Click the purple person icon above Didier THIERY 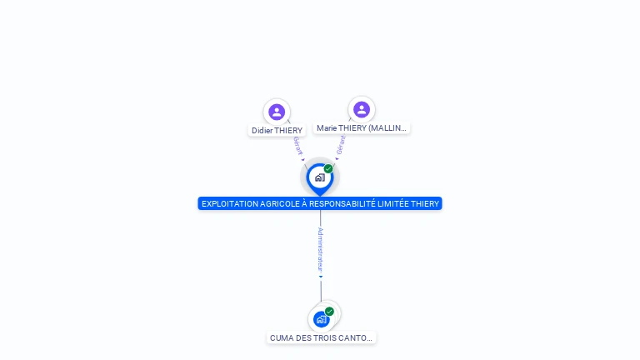277,112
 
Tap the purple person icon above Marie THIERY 362,109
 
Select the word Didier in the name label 262,131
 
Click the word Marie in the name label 327,128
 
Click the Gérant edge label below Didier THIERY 298,146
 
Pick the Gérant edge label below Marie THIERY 341,145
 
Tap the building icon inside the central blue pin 320,177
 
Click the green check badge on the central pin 328,168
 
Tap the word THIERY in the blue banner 424,203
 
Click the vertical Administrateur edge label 320,250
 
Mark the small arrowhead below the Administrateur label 321,277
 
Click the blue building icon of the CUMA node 321,320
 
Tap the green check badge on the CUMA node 329,312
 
